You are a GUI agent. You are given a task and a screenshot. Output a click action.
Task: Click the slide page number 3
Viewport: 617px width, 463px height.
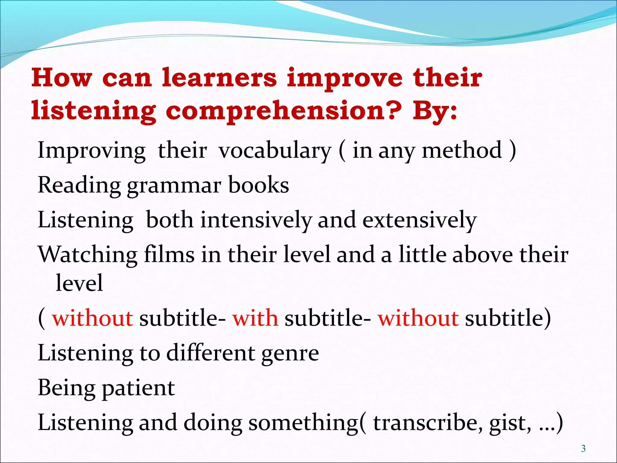click(583, 449)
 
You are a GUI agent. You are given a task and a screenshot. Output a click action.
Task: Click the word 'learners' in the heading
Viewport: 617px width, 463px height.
click(219, 78)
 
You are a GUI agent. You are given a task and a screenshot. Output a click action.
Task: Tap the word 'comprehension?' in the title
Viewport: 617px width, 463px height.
click(283, 111)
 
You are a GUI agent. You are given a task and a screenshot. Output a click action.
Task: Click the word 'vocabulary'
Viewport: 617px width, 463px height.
click(275, 150)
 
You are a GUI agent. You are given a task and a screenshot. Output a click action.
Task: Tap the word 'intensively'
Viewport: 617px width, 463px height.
click(256, 220)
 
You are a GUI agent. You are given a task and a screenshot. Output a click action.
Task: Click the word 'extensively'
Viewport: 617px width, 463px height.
click(419, 220)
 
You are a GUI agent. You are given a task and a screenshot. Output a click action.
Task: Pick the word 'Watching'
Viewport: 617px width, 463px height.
click(88, 255)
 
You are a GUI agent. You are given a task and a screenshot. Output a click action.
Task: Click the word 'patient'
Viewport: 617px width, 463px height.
click(138, 388)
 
